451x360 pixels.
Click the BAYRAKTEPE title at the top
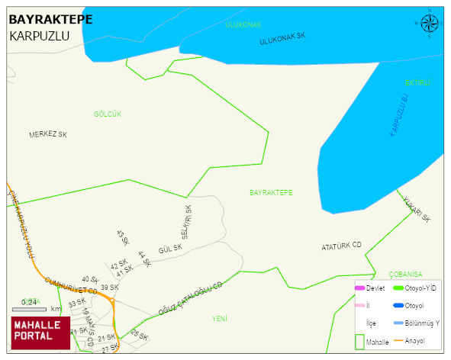click(50, 19)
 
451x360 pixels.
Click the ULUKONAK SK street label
click(282, 38)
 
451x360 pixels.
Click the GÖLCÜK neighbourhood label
click(108, 114)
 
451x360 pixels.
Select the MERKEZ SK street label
click(48, 134)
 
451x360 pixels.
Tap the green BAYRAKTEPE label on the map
click(271, 193)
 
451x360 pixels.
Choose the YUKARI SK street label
click(418, 207)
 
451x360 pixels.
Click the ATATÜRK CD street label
click(341, 246)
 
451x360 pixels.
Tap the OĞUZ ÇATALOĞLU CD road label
click(190, 299)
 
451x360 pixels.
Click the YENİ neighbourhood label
click(220, 318)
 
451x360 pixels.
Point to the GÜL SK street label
click(170, 249)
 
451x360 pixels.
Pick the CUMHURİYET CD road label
click(71, 286)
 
